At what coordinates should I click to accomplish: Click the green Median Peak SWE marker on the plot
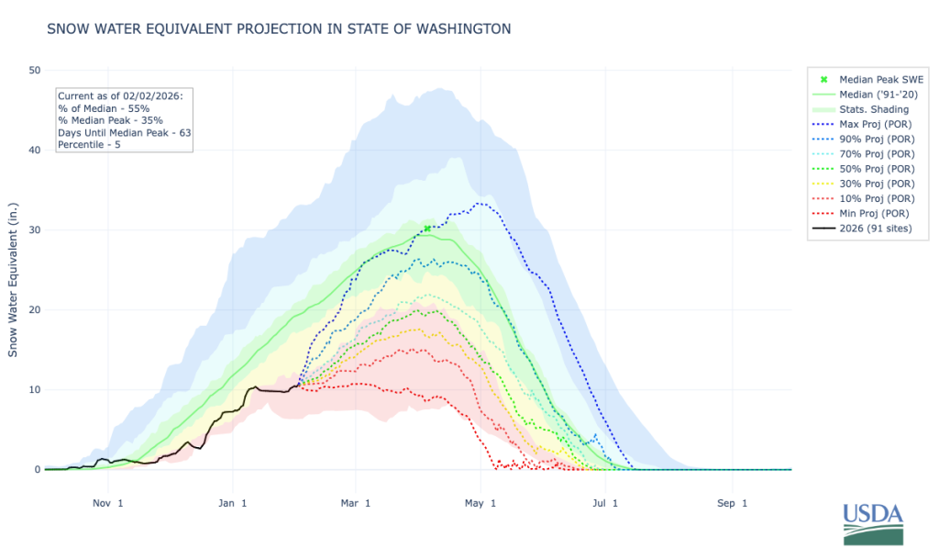coord(427,229)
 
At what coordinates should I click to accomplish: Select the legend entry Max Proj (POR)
coord(862,124)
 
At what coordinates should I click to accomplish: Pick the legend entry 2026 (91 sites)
coord(862,229)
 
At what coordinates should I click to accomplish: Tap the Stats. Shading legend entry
coord(860,109)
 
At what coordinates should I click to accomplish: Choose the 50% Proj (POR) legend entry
coord(863,169)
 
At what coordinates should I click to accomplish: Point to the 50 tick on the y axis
coord(34,70)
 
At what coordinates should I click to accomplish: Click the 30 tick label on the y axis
coord(34,230)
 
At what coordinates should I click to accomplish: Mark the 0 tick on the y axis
coord(38,469)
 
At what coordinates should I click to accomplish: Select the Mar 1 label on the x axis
coord(356,503)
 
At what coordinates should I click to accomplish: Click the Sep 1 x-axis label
coord(732,503)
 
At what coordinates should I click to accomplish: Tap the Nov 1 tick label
coord(108,503)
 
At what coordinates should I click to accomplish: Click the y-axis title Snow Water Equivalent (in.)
coord(13,280)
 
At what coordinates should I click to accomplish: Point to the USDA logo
coord(873,523)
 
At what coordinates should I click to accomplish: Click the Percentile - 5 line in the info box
coord(89,144)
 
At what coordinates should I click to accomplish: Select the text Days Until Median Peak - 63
coord(125,132)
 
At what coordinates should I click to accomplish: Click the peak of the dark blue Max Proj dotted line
coord(479,204)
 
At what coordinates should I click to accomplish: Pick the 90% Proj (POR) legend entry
coord(863,140)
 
